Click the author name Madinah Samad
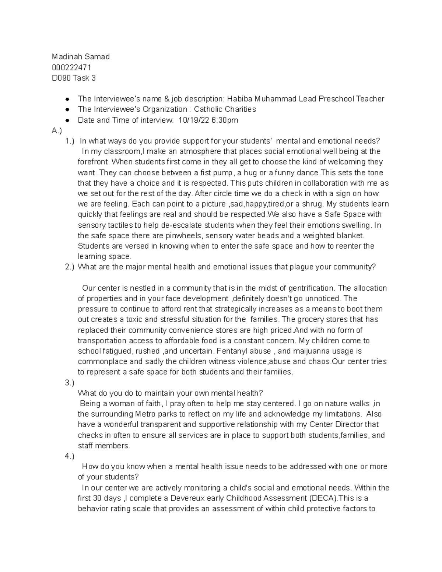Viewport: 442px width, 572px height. coord(81,57)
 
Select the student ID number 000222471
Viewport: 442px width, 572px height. coord(72,67)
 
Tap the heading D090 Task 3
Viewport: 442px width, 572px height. coord(74,78)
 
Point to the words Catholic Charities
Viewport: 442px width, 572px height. coord(225,109)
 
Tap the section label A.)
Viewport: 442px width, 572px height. coord(57,130)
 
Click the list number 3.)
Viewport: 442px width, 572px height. coord(70,383)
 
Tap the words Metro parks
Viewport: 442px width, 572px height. coord(156,414)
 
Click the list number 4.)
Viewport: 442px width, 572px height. coord(70,456)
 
